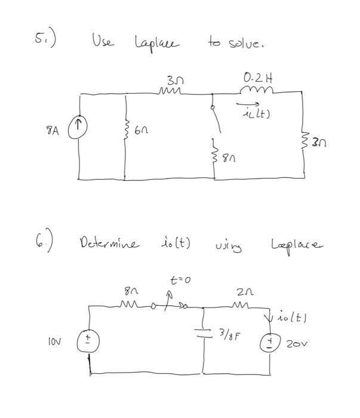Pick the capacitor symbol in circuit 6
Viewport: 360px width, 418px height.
tap(204, 332)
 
